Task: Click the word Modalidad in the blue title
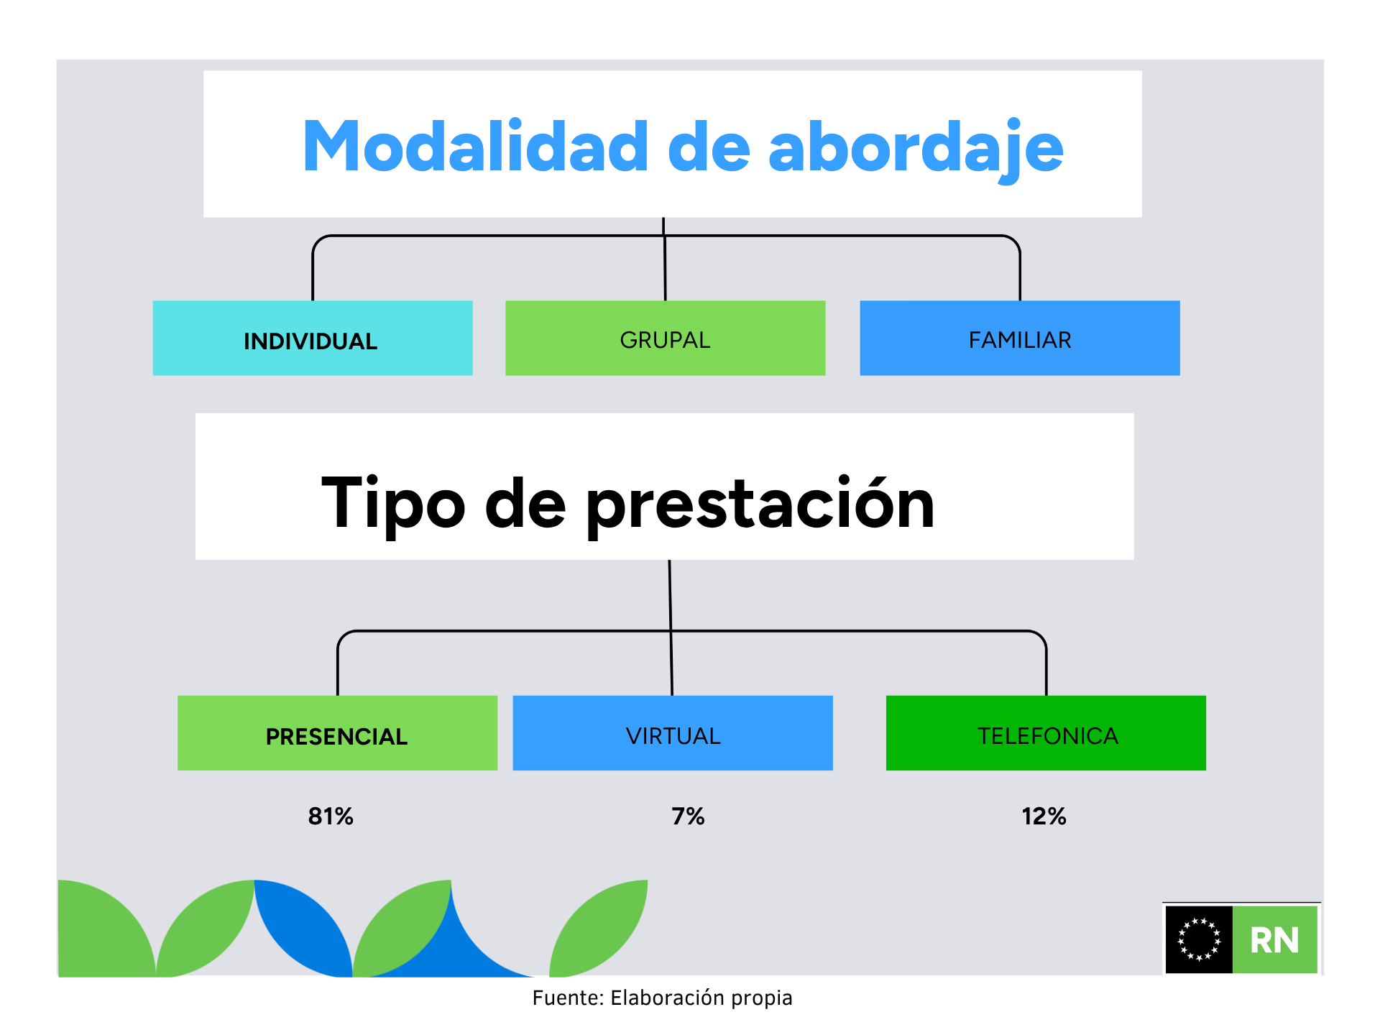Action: (x=476, y=147)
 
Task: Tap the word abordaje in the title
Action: (x=916, y=149)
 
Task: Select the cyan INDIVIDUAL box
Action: (x=313, y=338)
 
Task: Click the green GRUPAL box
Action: (x=666, y=338)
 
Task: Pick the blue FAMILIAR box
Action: (x=1020, y=338)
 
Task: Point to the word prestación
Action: (x=760, y=505)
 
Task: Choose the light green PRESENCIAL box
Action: (x=338, y=733)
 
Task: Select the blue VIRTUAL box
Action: (x=673, y=733)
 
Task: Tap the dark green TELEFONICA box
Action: (x=1046, y=733)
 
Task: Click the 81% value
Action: (x=331, y=816)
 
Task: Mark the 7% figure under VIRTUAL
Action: (x=688, y=816)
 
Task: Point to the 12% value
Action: (x=1044, y=816)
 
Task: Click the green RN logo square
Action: (x=1275, y=939)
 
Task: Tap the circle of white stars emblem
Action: (x=1199, y=939)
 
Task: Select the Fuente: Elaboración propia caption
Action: (x=662, y=998)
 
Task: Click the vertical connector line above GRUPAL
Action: (x=665, y=259)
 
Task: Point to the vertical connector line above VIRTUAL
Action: (x=671, y=627)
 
